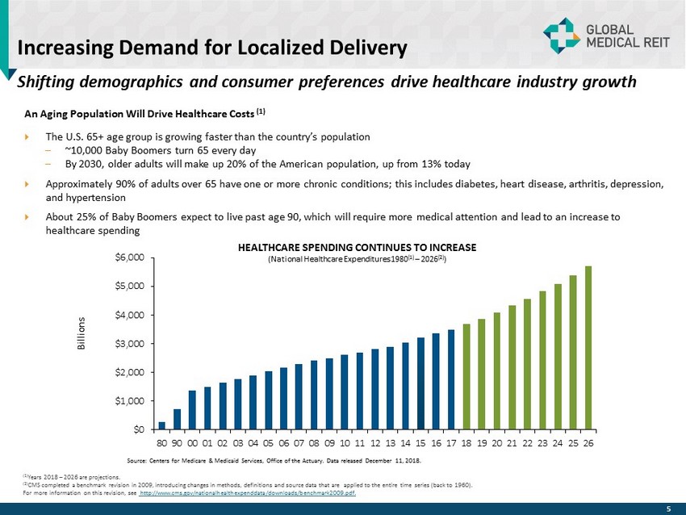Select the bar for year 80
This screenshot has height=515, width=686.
click(161, 425)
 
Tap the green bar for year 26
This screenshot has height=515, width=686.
click(588, 347)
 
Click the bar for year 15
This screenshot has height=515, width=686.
click(420, 383)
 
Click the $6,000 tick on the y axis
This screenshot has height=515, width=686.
click(132, 257)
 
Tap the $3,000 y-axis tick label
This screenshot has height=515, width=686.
click(132, 344)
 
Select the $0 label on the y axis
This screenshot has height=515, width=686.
click(138, 429)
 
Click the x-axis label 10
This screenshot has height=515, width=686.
click(345, 442)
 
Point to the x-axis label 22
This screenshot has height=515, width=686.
click(528, 442)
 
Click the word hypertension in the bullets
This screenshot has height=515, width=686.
click(98, 197)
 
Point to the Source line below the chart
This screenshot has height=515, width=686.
click(274, 461)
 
